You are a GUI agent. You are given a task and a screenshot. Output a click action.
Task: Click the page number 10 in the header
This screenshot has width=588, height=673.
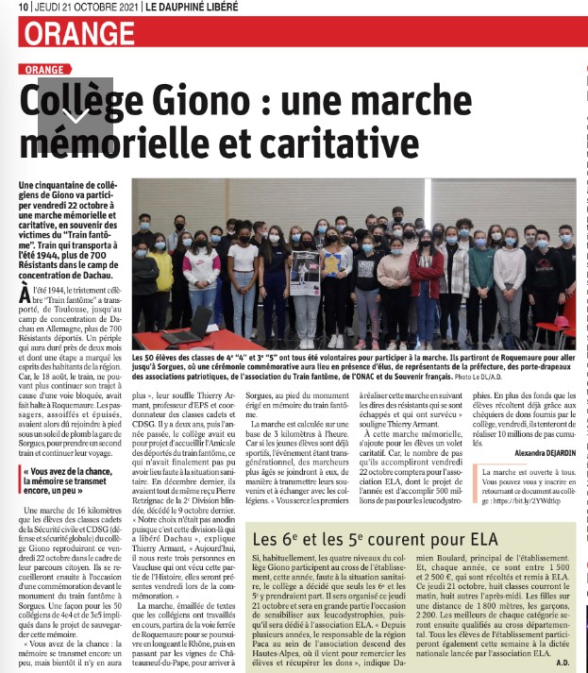click(x=22, y=8)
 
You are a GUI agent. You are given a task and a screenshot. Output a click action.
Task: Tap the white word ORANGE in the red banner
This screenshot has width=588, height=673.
click(x=80, y=34)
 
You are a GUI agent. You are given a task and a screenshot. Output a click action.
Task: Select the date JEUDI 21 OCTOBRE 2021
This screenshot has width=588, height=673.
click(x=79, y=8)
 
